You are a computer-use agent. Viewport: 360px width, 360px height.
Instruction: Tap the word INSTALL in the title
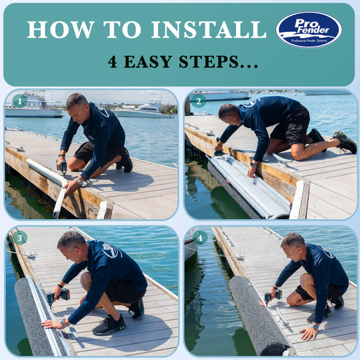pos(207,29)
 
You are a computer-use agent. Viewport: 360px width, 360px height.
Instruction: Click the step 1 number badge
pos(20,101)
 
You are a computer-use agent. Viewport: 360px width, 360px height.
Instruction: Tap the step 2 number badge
pos(198,101)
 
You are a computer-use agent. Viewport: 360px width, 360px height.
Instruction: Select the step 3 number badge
pos(20,238)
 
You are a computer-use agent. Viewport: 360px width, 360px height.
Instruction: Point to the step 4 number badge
pos(199,238)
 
